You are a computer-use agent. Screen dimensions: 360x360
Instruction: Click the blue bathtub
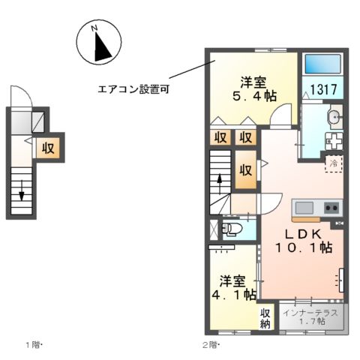[322, 64]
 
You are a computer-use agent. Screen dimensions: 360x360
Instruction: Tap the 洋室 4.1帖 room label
[233, 287]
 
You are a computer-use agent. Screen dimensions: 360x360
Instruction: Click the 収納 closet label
[265, 319]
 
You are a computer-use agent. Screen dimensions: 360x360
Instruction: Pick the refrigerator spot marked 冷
[332, 163]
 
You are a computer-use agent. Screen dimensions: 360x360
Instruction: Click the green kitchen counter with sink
[316, 207]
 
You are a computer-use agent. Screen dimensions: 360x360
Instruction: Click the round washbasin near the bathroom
[334, 116]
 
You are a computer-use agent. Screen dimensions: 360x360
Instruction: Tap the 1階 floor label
[34, 345]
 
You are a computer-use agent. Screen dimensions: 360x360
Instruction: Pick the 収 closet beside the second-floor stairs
[245, 169]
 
